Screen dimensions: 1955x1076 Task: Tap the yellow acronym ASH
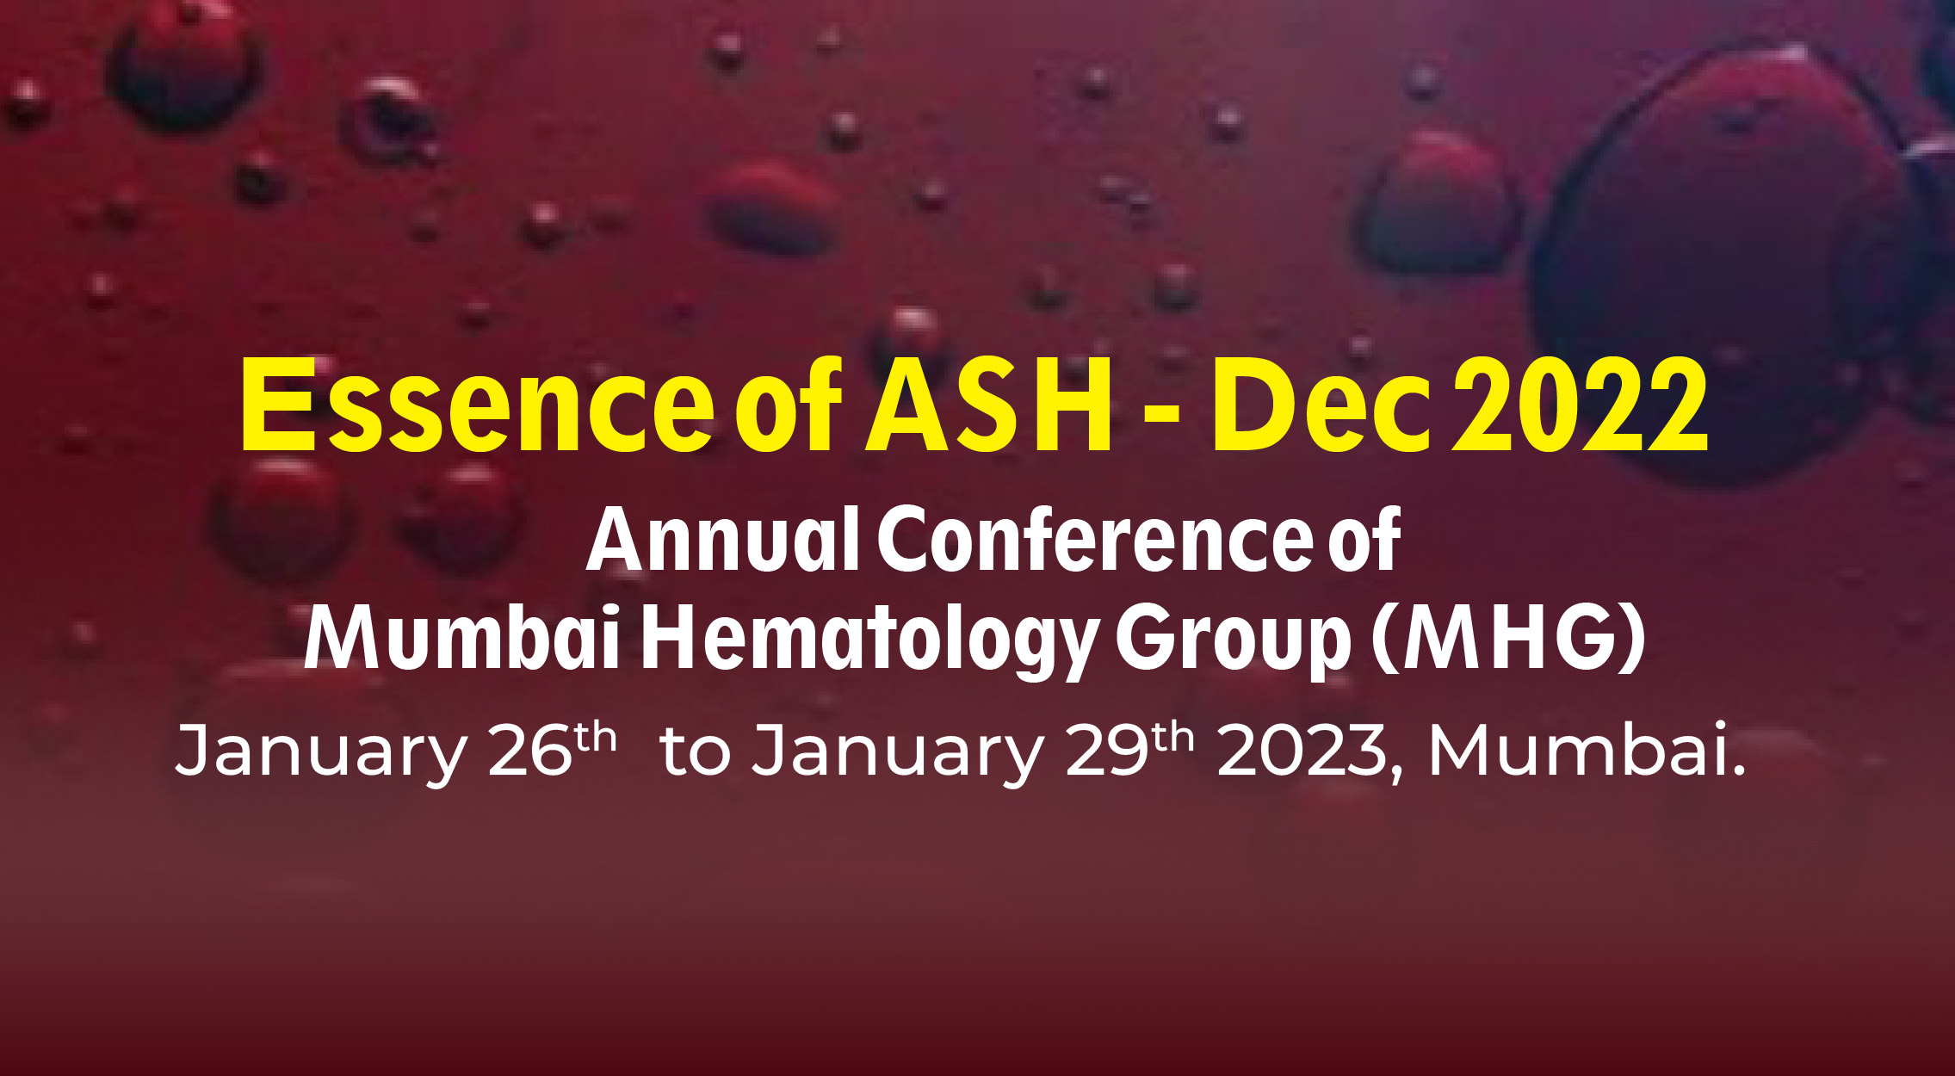(x=988, y=405)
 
